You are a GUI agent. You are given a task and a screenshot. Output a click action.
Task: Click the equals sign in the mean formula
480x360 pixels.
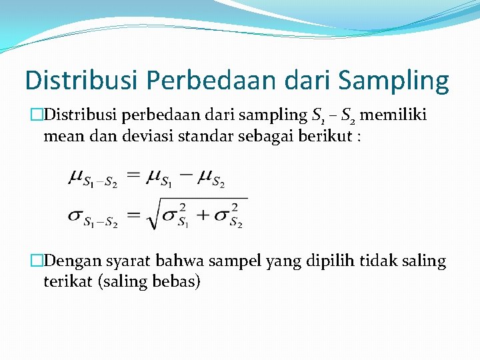pyautogui.click(x=135, y=175)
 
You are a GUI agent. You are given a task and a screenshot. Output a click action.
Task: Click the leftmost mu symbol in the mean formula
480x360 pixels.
pyautogui.click(x=77, y=177)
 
